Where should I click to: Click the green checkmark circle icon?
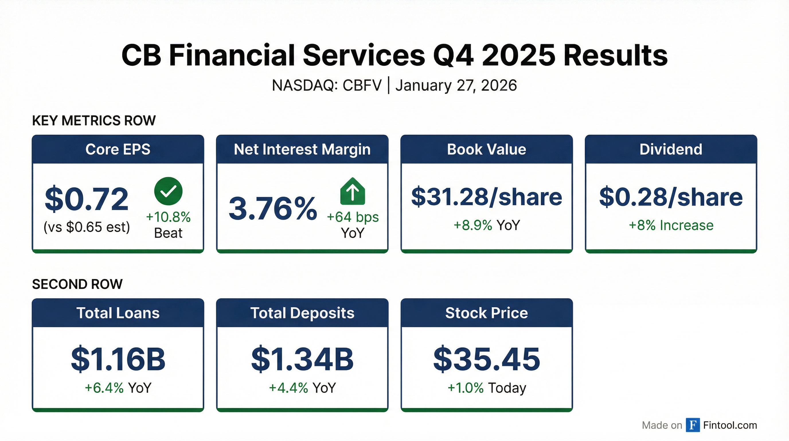tap(168, 191)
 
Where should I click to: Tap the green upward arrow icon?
tap(353, 192)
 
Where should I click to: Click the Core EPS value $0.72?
tap(87, 199)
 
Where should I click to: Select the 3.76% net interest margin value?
tap(273, 209)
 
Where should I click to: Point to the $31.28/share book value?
tap(486, 197)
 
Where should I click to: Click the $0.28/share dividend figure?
tap(671, 197)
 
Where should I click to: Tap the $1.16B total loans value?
tap(118, 359)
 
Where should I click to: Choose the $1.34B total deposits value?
tap(302, 359)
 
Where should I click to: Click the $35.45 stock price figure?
tap(486, 359)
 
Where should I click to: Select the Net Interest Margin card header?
tap(302, 149)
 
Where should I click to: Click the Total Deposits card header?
tap(302, 313)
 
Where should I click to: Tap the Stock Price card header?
tap(486, 313)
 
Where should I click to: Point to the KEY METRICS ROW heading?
tap(94, 121)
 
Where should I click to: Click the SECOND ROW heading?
tap(77, 284)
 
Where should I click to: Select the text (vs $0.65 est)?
tap(87, 227)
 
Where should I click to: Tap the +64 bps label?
tap(353, 217)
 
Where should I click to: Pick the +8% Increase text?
tap(671, 225)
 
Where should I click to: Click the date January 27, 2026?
tap(456, 85)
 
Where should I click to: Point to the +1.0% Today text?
tap(486, 388)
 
